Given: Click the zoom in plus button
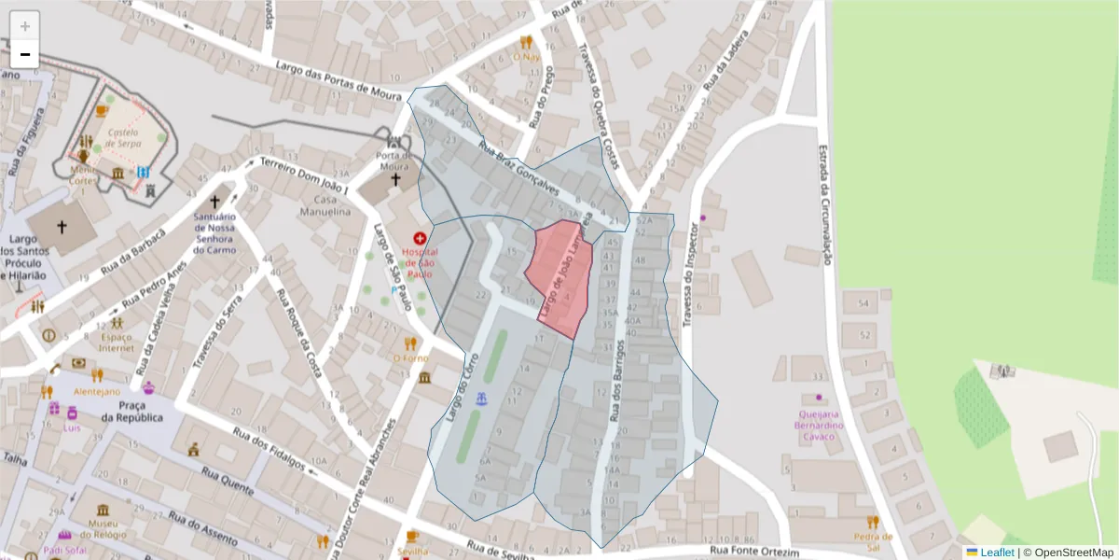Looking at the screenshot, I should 25,26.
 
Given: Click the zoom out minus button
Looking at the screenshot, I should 25,54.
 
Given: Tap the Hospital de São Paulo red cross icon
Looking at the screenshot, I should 420,239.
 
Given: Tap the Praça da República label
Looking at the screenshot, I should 141,411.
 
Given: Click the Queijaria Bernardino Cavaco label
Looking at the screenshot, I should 819,425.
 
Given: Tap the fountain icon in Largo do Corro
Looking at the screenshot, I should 482,399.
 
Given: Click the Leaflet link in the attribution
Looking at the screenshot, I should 996,553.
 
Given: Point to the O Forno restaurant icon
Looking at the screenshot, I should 410,343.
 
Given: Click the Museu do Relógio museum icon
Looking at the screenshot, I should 102,510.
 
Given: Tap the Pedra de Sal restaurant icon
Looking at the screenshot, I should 873,523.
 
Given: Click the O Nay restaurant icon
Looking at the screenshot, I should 526,42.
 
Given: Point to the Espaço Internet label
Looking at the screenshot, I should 117,342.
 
